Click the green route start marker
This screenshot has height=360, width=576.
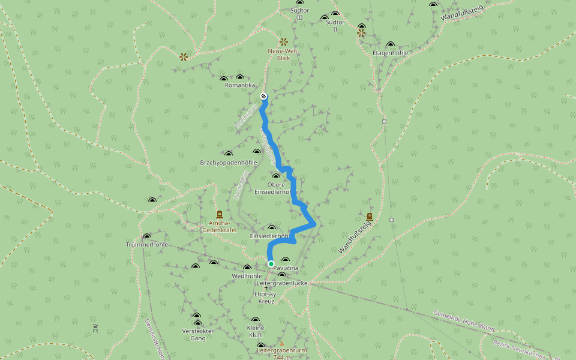click(x=271, y=264)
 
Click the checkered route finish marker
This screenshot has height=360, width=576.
click(x=263, y=96)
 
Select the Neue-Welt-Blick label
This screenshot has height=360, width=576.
click(x=283, y=55)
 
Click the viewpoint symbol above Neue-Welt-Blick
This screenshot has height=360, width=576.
click(x=283, y=42)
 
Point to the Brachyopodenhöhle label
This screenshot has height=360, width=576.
click(x=229, y=163)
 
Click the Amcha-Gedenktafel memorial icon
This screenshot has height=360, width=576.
click(x=219, y=214)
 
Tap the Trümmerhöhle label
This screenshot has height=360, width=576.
click(x=146, y=245)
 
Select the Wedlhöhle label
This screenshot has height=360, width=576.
click(x=247, y=276)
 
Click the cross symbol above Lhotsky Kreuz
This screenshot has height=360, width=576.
click(x=266, y=288)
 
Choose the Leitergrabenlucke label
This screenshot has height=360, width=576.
click(x=282, y=283)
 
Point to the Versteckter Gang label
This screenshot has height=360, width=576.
click(x=198, y=334)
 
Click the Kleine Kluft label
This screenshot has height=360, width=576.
click(x=256, y=331)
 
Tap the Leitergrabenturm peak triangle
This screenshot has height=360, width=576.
click(x=282, y=344)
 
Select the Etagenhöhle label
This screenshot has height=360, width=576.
click(x=391, y=53)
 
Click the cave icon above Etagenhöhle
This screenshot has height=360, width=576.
click(x=391, y=44)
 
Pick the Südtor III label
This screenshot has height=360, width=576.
click(x=299, y=14)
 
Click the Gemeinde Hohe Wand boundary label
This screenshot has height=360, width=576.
click(x=464, y=321)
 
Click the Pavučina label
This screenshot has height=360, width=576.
click(x=286, y=268)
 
